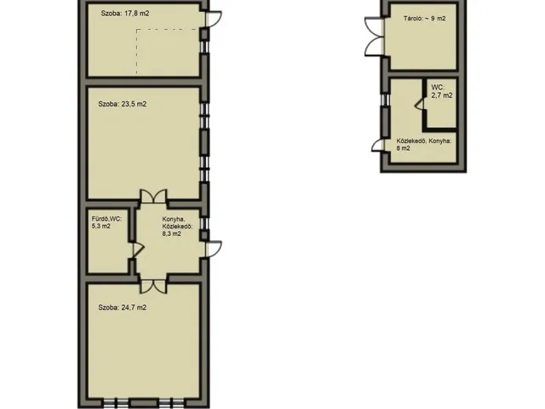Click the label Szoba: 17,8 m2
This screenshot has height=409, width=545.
[x=125, y=14]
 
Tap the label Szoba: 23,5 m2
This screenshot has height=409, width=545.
[x=123, y=104]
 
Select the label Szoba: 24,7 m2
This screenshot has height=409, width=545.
[x=123, y=308]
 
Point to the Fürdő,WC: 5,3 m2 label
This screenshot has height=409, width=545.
[x=106, y=222]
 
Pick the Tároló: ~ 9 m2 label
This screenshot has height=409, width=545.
[x=424, y=19]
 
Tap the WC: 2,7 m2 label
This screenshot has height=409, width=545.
[x=442, y=91]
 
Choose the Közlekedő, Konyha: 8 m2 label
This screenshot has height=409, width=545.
[x=424, y=145]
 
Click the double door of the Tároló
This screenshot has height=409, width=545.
[x=375, y=37]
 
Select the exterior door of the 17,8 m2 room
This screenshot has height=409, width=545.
[x=213, y=19]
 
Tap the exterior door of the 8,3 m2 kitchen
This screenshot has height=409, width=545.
[x=213, y=249]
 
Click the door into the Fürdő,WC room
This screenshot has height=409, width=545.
[x=138, y=250]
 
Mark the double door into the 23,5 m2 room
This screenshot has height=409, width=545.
[x=153, y=196]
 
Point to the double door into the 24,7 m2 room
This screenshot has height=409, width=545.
[x=153, y=286]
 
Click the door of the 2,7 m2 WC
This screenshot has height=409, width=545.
[x=420, y=104]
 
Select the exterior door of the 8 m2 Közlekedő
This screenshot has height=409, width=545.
[x=379, y=145]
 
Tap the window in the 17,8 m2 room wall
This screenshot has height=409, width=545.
[x=204, y=47]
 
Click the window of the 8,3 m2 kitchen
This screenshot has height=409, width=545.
[x=204, y=223]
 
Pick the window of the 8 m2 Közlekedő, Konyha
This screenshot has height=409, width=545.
[x=384, y=100]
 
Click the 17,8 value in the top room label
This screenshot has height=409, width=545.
[x=131, y=14]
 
